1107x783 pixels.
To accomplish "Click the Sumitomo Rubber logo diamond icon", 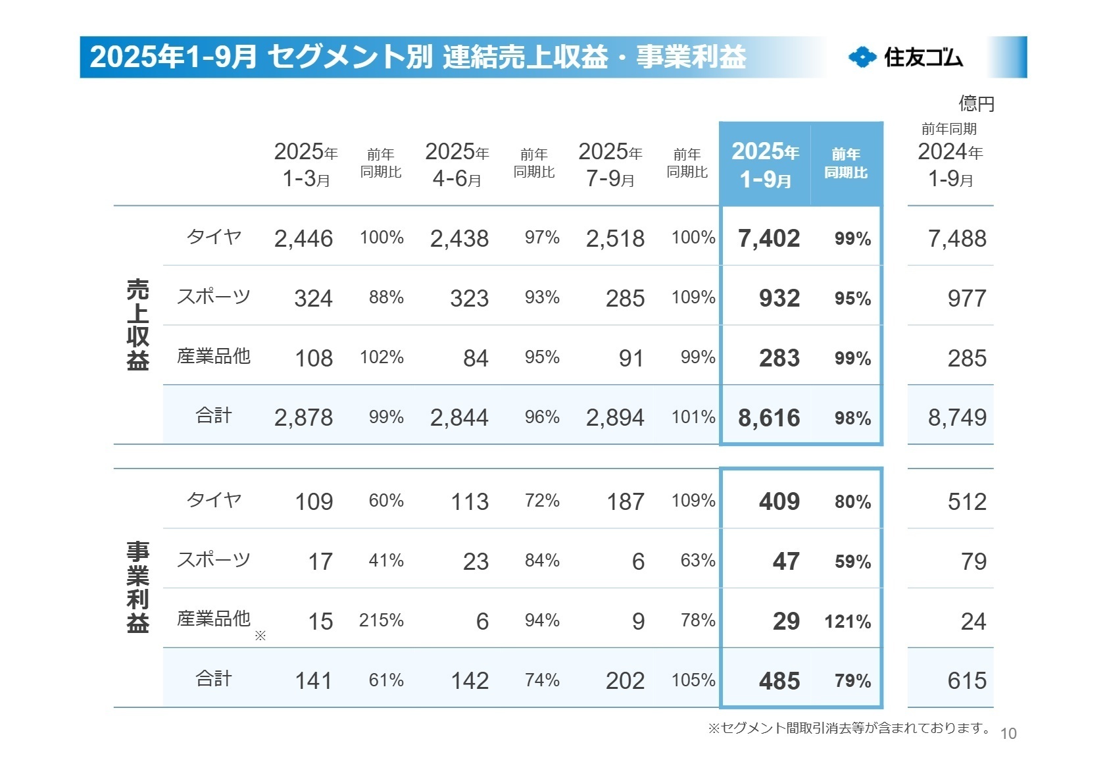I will [862, 57].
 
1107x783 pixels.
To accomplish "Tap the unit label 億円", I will [976, 103].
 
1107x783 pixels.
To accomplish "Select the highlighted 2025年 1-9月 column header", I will [766, 164].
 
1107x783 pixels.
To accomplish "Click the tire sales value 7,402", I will [768, 238].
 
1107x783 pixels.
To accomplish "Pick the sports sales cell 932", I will [779, 298].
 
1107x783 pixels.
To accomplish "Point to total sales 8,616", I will [768, 417].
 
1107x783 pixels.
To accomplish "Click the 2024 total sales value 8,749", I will [956, 417].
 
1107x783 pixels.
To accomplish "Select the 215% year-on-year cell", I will [381, 620].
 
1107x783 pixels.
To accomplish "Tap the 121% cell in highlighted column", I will [847, 621].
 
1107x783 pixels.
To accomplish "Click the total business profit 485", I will [779, 680].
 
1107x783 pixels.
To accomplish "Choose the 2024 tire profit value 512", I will [966, 501].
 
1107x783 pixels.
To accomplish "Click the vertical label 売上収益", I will [137, 324].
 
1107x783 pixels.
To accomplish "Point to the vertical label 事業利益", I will [137, 587].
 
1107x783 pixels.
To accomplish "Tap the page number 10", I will [1008, 734].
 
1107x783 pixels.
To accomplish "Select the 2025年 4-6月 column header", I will [457, 164].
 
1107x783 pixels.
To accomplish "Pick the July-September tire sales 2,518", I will [614, 238].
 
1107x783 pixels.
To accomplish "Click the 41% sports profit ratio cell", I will [385, 561].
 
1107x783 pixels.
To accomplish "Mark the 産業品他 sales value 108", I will [313, 358].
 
